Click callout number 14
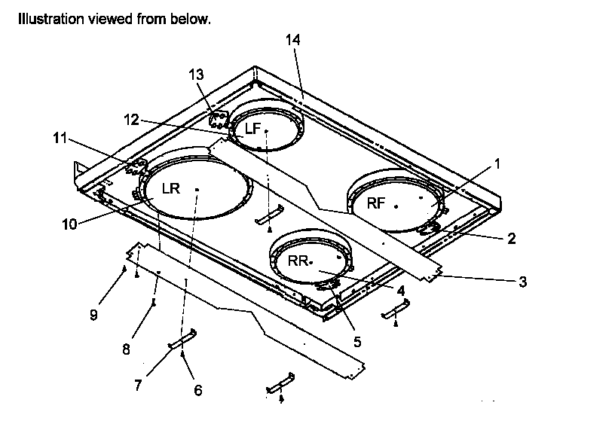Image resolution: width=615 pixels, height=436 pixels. [293, 40]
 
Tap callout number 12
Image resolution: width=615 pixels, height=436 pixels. [132, 119]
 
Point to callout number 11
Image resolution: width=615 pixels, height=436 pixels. [60, 138]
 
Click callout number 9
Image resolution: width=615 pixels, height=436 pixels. [93, 316]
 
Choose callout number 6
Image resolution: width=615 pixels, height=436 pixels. [198, 390]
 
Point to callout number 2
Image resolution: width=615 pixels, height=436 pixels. [511, 239]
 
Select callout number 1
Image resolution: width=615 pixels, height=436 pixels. [497, 162]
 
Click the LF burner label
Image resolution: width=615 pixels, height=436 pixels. [252, 129]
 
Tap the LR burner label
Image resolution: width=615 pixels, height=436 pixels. [171, 188]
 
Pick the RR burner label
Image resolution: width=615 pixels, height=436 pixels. [298, 261]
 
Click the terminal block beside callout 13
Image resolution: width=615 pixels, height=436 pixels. [219, 119]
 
